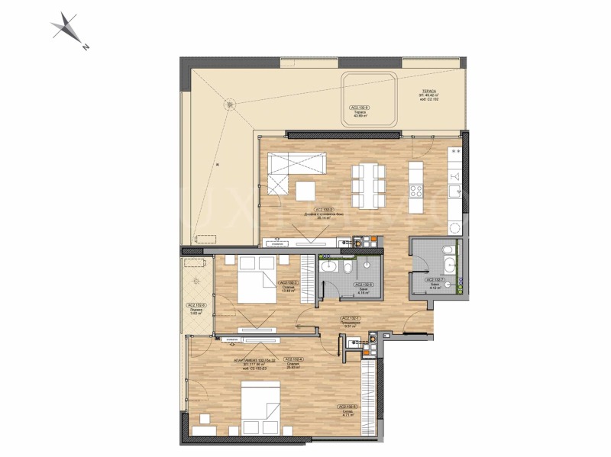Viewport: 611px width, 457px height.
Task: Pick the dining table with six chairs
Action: pyautogui.click(x=368, y=185)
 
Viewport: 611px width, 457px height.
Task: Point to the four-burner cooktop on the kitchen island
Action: pyautogui.click(x=416, y=185)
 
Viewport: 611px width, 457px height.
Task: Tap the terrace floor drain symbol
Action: pyautogui.click(x=228, y=105)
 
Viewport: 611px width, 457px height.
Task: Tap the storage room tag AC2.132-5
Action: pyautogui.click(x=346, y=407)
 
